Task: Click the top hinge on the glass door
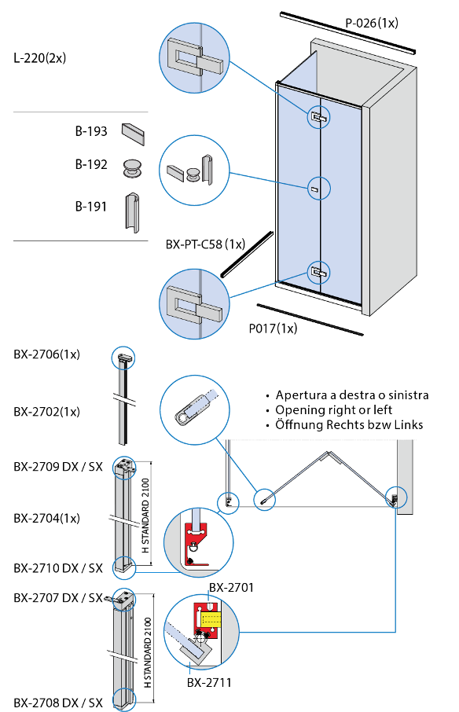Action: tap(318, 117)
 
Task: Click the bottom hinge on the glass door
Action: tap(318, 273)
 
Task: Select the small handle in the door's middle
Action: tap(314, 189)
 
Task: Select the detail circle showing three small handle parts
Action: tap(194, 171)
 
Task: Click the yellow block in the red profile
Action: tap(210, 620)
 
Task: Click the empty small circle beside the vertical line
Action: tap(228, 503)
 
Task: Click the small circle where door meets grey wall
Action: tap(397, 497)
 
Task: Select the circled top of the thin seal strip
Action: tap(123, 358)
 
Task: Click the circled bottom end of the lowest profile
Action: tap(124, 699)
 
